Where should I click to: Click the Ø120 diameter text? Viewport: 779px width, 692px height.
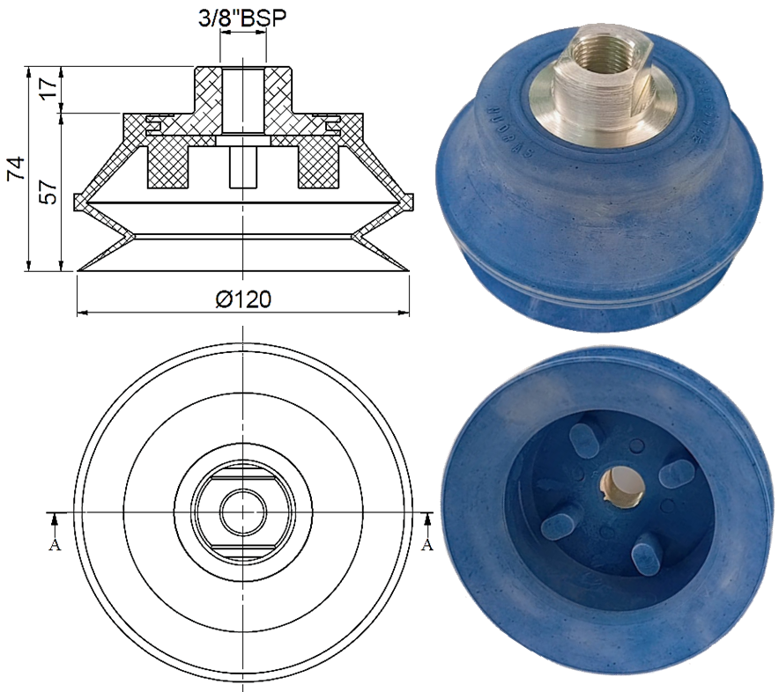[243, 299]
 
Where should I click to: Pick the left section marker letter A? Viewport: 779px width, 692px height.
[55, 544]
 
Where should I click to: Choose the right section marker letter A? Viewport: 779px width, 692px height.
[428, 544]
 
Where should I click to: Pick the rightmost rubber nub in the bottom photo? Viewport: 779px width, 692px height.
[678, 472]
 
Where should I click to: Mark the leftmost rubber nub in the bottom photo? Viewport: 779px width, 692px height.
[559, 524]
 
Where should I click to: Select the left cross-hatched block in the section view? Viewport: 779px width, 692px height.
[167, 166]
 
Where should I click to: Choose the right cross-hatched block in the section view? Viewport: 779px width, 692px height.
[319, 166]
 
